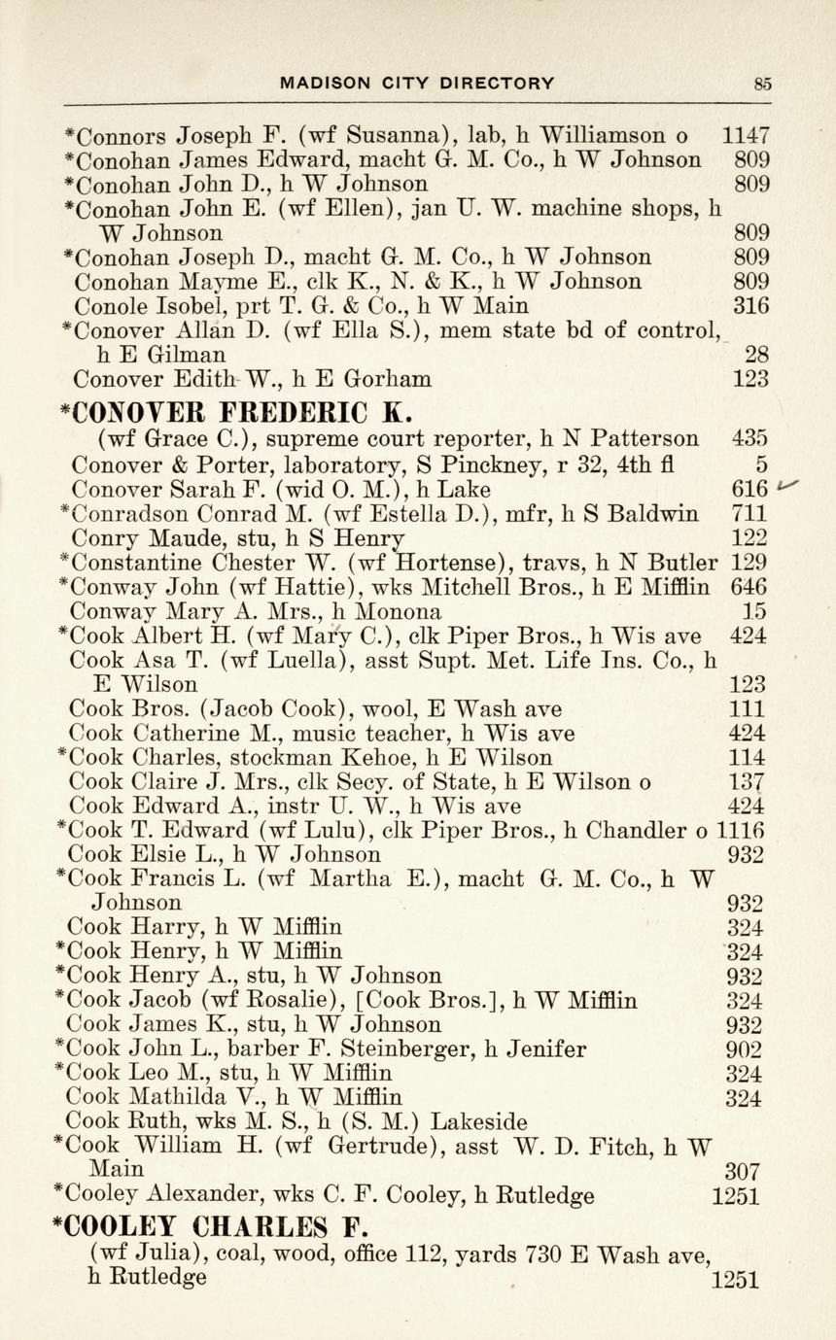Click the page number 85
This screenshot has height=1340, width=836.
(763, 84)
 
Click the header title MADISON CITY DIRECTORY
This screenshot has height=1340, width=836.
(418, 84)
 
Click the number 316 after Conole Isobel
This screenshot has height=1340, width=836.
(751, 306)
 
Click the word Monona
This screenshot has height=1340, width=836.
(401, 612)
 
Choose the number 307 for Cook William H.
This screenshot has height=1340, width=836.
(743, 1172)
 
